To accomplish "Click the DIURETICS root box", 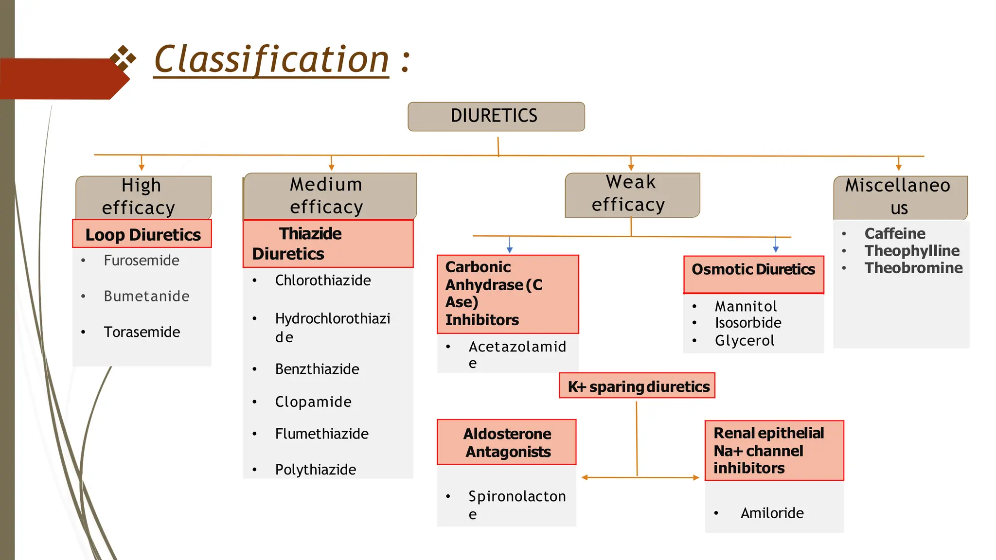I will pos(496,117).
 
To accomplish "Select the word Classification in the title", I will pos(271,60).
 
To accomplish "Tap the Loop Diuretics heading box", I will pos(142,234).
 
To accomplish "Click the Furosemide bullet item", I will pos(141,261).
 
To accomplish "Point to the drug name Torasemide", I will pos(142,332).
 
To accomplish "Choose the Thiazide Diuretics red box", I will pos(328,244).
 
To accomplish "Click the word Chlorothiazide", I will pos(322,280).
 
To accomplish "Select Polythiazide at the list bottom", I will pos(315,470).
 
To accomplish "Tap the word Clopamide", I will pos(313,402).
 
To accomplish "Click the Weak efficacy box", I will pos(631,194).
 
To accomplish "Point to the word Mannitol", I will pos(746,306).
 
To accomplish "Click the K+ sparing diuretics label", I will pos(637,386).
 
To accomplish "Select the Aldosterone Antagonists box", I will pos(506,442).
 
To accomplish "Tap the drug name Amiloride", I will pos(772,513).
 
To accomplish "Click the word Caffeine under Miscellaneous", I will pos(894,234).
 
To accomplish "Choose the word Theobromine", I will pos(913,268).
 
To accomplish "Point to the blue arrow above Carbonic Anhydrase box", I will pos(509,245).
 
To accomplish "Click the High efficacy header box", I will pos(142,197).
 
